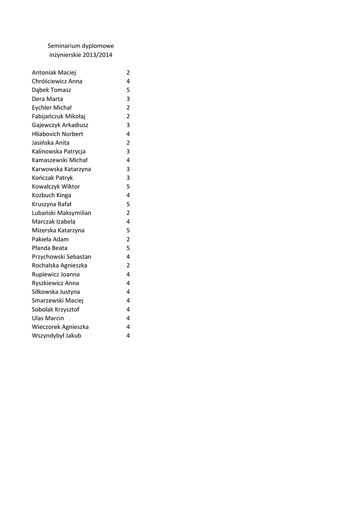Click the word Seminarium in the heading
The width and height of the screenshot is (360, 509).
coord(64,46)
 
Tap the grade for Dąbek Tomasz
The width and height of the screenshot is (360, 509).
coord(128,90)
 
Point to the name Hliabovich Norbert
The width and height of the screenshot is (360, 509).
coord(57,134)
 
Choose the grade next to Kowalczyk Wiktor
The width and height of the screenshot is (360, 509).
coord(128,186)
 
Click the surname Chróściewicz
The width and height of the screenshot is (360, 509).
coord(50,81)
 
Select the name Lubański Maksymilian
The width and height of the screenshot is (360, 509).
coord(61,213)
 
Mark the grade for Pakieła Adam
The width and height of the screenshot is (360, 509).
coord(128,239)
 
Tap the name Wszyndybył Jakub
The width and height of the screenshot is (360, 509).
coord(56,336)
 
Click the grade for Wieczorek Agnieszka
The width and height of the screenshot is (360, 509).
coord(128,327)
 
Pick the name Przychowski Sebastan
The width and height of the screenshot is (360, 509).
coord(61,256)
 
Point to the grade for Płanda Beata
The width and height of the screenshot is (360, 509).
coord(128,248)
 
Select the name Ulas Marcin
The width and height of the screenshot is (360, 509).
coord(48,318)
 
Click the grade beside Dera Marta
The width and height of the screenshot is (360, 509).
coord(128,99)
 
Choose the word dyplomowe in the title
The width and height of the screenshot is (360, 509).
coord(98,46)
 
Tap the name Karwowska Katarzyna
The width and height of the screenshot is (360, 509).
coord(61,169)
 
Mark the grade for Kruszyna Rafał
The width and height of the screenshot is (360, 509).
coord(128,204)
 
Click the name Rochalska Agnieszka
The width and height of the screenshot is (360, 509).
coord(59,265)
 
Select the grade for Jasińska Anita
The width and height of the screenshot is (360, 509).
coord(128,143)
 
